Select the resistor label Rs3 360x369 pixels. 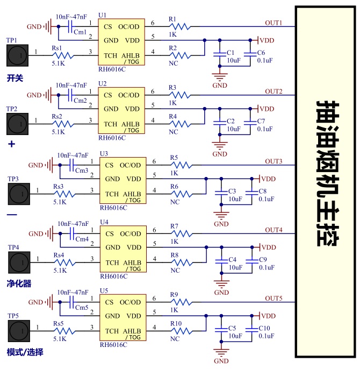(59, 186)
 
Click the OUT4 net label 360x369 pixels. (273, 230)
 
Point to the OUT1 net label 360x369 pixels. (273, 23)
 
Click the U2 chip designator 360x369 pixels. (103, 84)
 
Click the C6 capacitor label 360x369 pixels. (261, 53)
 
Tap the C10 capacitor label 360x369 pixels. (264, 328)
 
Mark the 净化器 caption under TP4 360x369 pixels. (19, 283)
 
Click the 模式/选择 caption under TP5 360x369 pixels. (25, 352)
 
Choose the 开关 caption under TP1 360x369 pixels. (15, 78)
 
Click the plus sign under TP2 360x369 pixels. (11, 145)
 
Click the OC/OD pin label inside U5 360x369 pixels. (131, 302)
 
